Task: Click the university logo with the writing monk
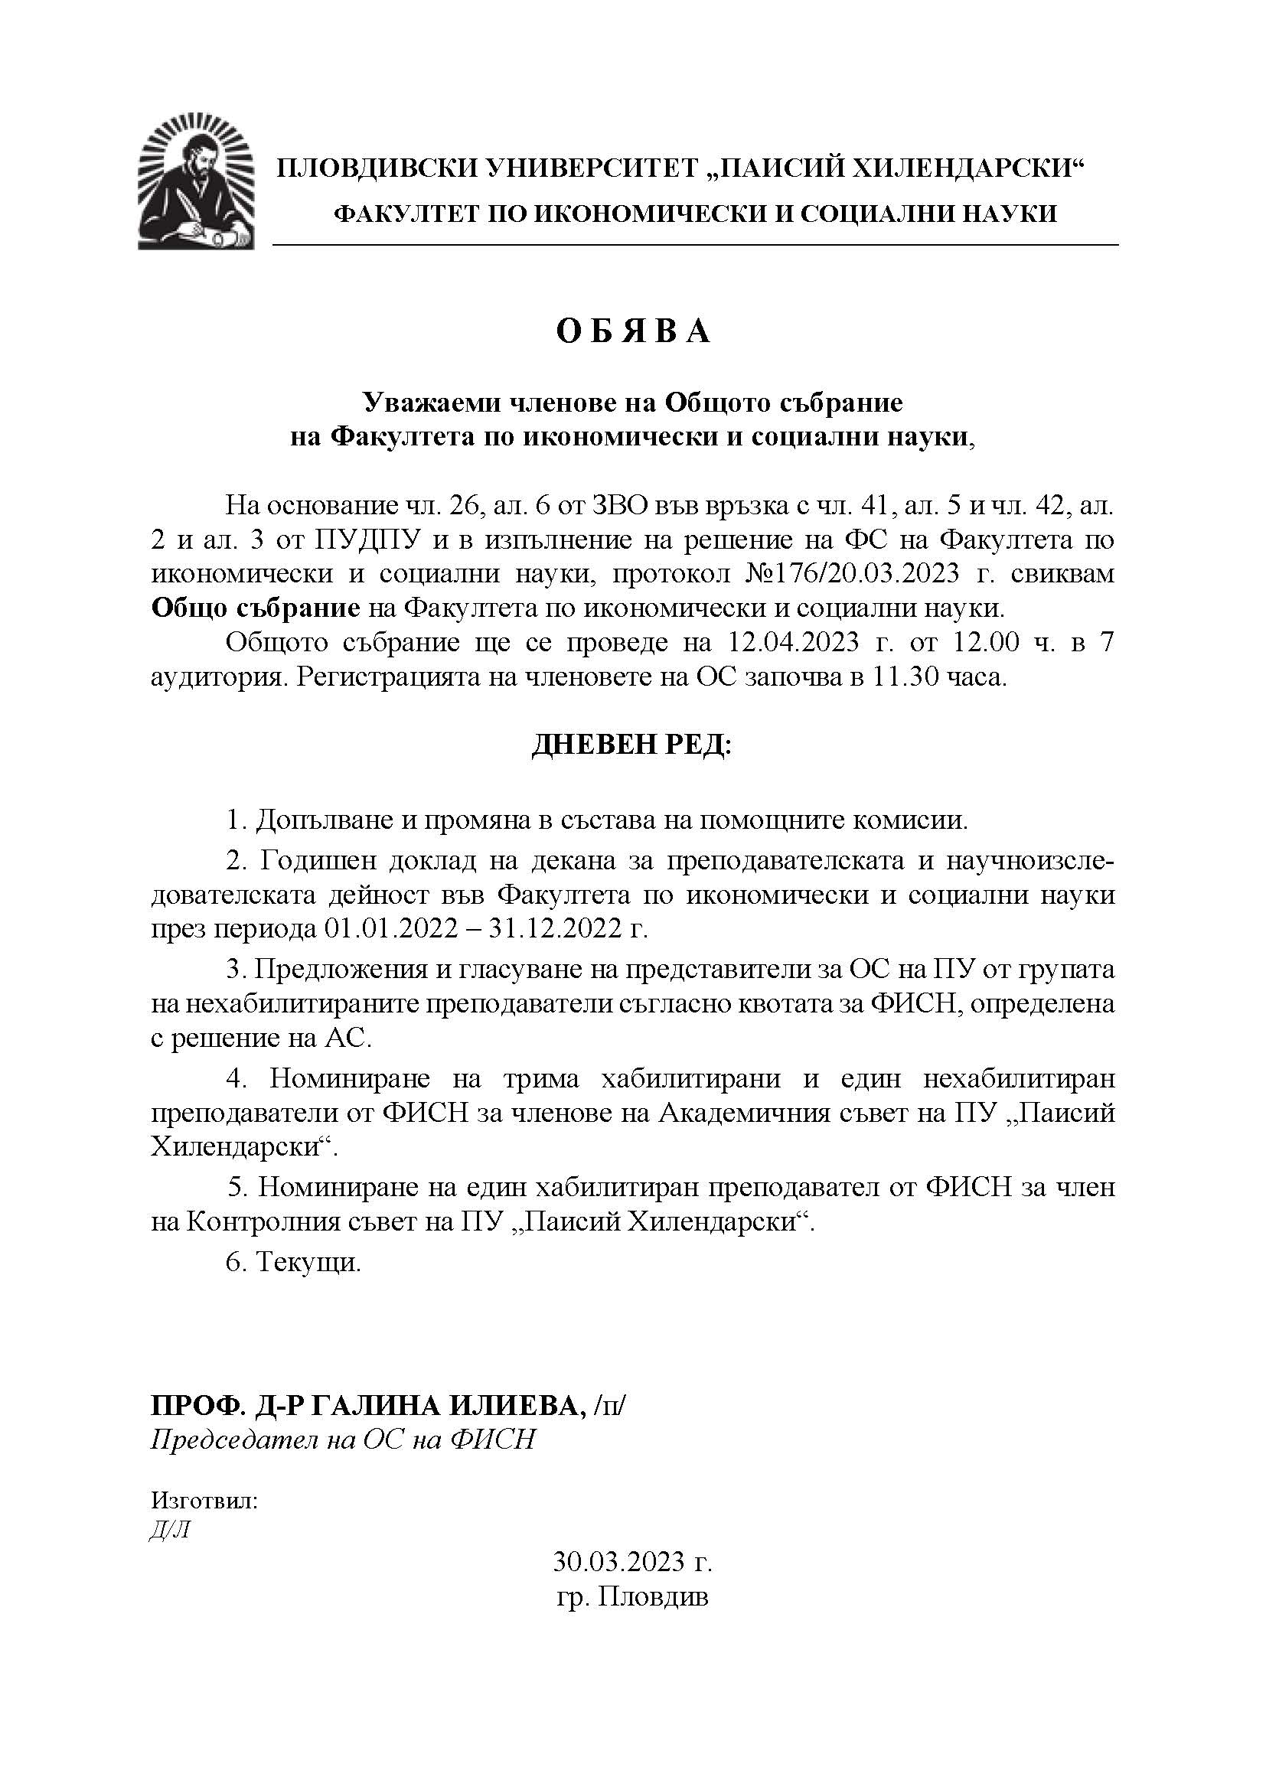pos(196,181)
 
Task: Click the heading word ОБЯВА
pos(632,331)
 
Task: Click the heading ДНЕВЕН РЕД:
pos(632,746)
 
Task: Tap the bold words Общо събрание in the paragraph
pos(256,608)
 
